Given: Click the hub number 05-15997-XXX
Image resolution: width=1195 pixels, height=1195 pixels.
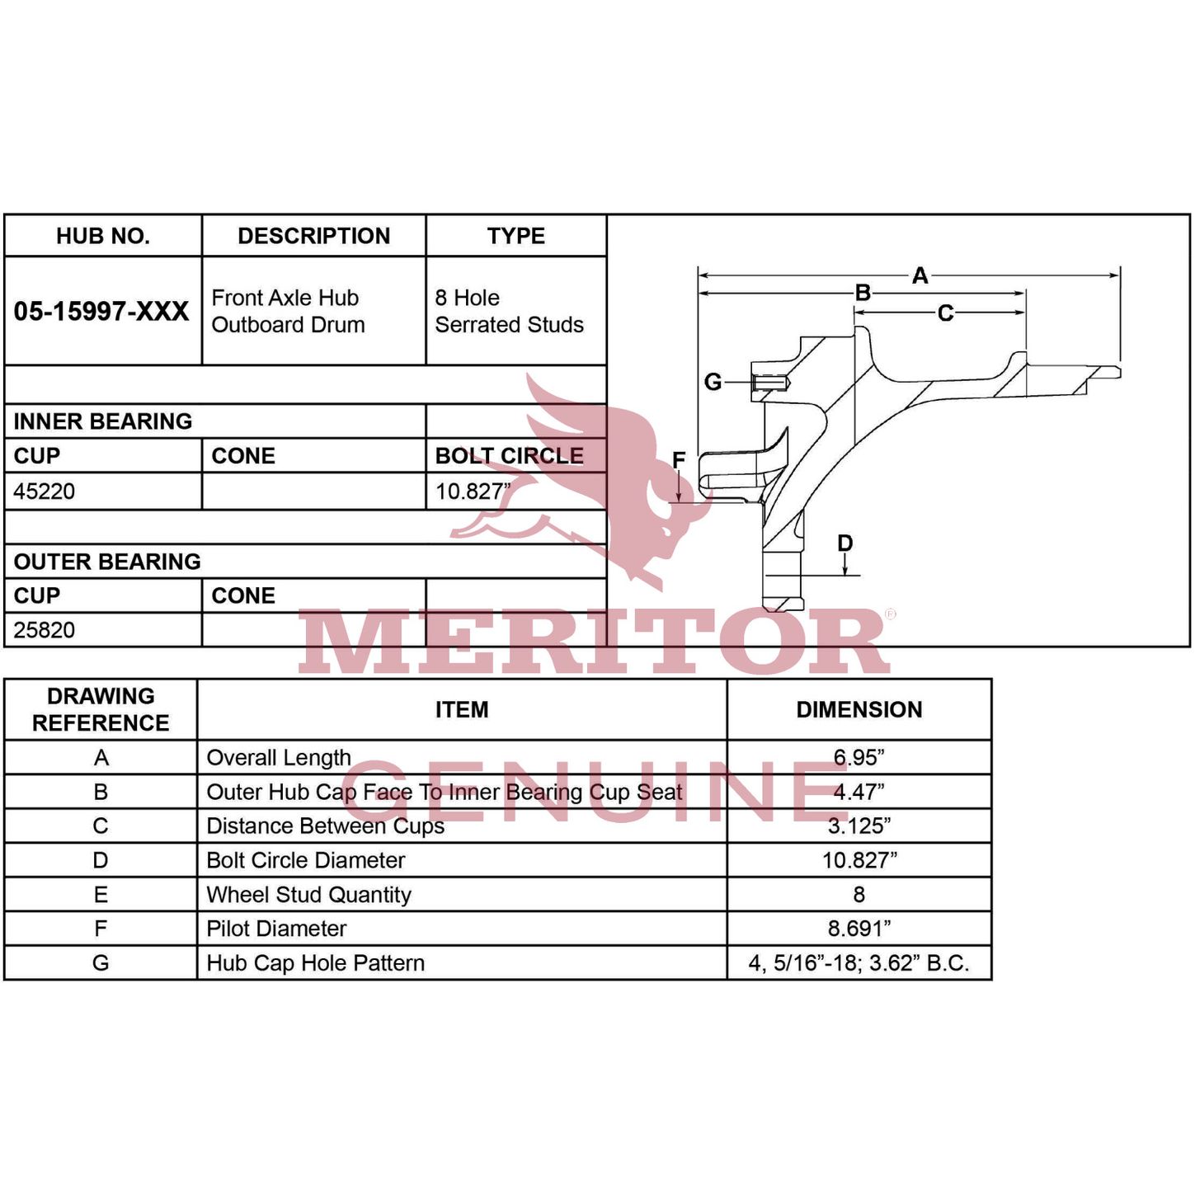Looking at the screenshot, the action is (x=101, y=311).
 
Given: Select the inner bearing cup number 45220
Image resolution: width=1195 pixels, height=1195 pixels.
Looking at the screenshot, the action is (x=44, y=492).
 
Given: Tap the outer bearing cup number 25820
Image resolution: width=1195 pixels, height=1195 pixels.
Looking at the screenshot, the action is (x=44, y=630).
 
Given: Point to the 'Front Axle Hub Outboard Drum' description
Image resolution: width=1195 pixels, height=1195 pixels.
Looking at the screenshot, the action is (x=288, y=311).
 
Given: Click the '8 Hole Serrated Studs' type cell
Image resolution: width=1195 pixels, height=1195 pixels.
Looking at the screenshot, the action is (x=509, y=311).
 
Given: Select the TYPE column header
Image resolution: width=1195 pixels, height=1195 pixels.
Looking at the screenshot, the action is (x=516, y=236).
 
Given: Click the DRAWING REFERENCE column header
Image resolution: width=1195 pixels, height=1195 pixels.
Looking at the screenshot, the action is (x=101, y=709).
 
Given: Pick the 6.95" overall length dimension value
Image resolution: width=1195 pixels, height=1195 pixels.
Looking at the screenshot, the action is (x=859, y=757).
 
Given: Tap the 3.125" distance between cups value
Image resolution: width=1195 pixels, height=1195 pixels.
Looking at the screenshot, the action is (x=859, y=826).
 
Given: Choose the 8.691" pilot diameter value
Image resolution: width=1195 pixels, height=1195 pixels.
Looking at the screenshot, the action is (x=859, y=929).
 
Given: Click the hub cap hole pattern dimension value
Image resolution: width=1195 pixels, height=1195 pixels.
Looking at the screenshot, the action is (x=859, y=962).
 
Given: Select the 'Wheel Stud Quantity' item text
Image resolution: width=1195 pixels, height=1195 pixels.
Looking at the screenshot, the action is (x=308, y=894).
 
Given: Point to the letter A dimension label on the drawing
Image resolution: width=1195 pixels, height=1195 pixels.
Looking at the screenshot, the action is (x=920, y=275).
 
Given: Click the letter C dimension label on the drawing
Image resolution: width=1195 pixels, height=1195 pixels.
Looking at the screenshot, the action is (x=945, y=313).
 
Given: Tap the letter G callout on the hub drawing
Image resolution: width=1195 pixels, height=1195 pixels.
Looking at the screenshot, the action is (x=713, y=382).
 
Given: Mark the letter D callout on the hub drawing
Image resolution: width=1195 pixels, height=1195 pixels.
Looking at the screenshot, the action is (x=845, y=543).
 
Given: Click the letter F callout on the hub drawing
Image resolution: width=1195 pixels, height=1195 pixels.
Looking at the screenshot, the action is (x=679, y=459).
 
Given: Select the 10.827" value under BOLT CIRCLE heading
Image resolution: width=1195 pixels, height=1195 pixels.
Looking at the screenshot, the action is (x=473, y=492).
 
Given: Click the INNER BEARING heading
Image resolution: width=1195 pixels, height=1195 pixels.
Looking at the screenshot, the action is (x=103, y=421).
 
